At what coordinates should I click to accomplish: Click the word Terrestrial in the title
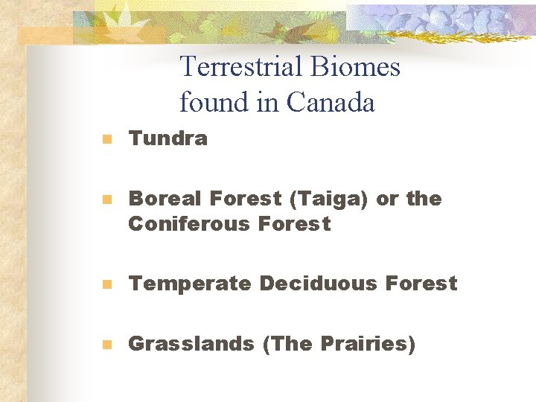coord(240,67)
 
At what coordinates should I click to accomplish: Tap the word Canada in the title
coord(331,103)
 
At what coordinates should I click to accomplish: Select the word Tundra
coord(167,138)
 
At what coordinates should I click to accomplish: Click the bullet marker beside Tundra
coord(107,139)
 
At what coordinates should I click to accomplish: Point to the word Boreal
coord(165,199)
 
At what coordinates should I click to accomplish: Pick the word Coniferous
coord(189,223)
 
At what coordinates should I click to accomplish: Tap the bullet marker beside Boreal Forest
coord(107,200)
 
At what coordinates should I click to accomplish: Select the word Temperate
coord(189,284)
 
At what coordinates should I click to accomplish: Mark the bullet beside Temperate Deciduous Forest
coord(107,284)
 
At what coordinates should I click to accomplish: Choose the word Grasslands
coord(191,344)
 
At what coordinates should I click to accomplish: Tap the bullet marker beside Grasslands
coord(107,345)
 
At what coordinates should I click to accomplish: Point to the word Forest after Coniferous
coord(294,223)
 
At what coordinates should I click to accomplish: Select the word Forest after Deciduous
coord(421,284)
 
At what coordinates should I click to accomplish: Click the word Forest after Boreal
coord(245,199)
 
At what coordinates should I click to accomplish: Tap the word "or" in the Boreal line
coord(387,200)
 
